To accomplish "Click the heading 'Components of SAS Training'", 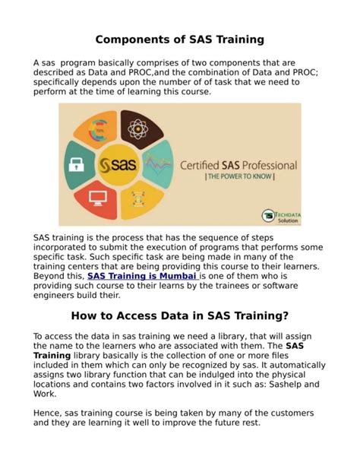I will pos(179,39).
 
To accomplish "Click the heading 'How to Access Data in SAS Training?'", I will pos(179,315).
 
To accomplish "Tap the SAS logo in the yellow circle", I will pos(118,165).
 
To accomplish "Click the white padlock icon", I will pos(77,164).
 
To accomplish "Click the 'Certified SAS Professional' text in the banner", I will pos(237,164).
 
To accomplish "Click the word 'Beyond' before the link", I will pos(52,277).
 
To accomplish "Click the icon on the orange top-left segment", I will pos(97,129).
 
